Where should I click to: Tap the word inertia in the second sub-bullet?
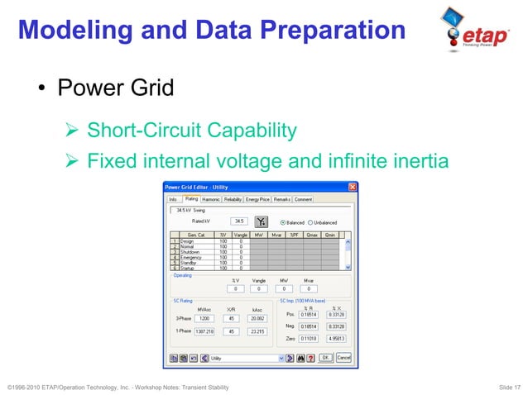coord(420,159)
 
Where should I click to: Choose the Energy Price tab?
coord(257,199)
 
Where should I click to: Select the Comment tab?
coord(303,199)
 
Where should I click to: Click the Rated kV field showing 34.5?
coord(239,221)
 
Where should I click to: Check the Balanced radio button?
coord(283,222)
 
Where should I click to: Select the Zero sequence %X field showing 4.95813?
coord(336,339)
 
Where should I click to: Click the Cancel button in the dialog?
coord(343,358)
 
